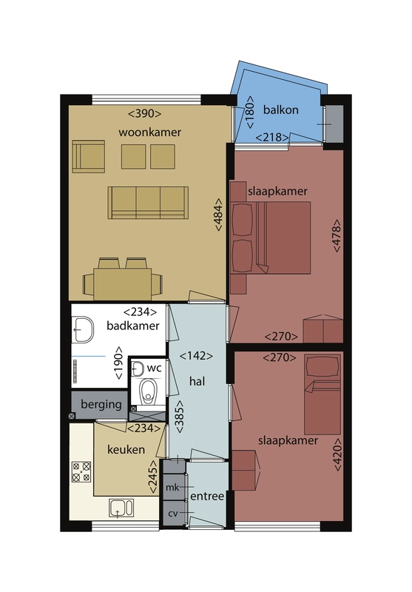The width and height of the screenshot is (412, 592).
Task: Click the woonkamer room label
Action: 149,132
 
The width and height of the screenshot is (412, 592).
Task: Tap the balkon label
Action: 280,110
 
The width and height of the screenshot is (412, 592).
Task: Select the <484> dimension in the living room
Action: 218,215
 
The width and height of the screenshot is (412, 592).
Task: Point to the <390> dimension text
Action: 145,114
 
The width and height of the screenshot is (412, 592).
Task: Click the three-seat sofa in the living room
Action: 148,203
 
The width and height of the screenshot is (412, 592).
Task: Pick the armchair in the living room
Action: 88,156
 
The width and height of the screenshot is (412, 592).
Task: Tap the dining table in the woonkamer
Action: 123,284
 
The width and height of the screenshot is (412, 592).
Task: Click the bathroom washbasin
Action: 83,329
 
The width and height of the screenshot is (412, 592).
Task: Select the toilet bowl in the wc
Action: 147,391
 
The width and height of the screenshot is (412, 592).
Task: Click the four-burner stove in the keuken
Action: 81,471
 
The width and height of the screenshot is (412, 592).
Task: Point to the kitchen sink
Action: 121,508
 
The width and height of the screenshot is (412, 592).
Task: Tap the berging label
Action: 101,405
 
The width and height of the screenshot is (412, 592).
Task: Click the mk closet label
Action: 172,488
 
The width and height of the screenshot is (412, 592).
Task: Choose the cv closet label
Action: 173,514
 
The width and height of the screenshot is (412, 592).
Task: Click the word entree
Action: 207,496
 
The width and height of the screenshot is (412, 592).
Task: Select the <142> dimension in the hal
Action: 196,356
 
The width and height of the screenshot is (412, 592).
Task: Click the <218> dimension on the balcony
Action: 272,137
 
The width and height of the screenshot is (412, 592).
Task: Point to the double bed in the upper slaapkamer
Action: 271,238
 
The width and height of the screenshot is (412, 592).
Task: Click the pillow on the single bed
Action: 322,366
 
